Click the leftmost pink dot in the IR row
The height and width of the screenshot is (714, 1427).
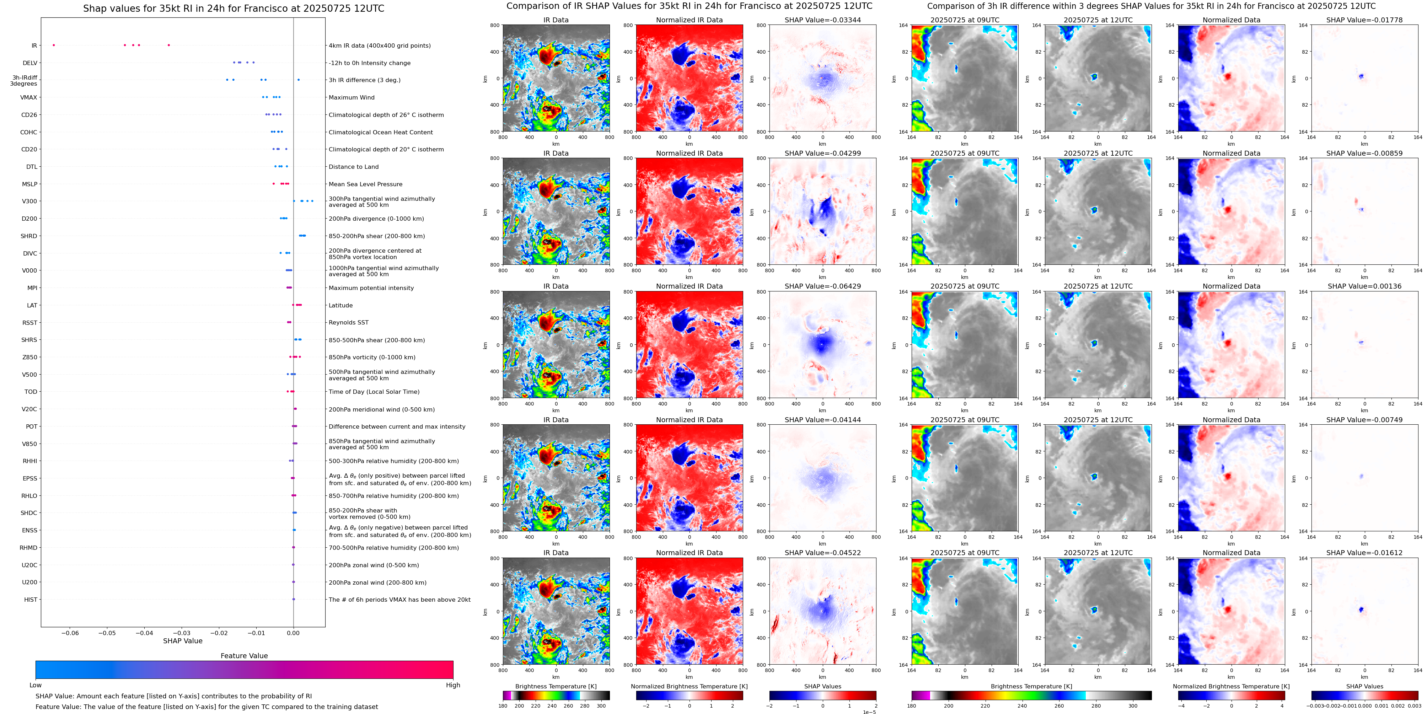[x=54, y=45]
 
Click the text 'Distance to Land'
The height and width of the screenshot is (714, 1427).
[x=353, y=167]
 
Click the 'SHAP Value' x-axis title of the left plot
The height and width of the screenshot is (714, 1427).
[x=182, y=641]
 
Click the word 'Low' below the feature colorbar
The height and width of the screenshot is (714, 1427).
[x=36, y=685]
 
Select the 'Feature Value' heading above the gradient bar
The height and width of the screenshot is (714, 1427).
[x=244, y=656]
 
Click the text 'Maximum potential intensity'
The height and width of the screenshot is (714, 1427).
[x=371, y=288]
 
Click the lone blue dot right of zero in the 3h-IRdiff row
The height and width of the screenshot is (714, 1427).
[x=299, y=80]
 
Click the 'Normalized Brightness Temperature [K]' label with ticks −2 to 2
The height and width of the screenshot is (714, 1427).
[x=689, y=686]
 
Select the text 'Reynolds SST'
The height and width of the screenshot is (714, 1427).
[x=348, y=322]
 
